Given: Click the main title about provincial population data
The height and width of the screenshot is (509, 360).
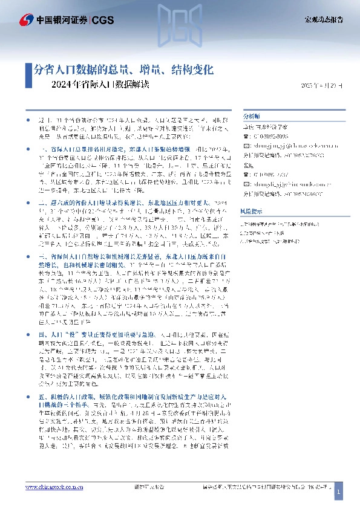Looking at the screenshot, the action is [123, 70].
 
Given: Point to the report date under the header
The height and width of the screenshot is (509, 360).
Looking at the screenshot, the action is [321, 85].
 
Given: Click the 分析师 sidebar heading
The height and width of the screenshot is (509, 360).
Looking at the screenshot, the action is [250, 115].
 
